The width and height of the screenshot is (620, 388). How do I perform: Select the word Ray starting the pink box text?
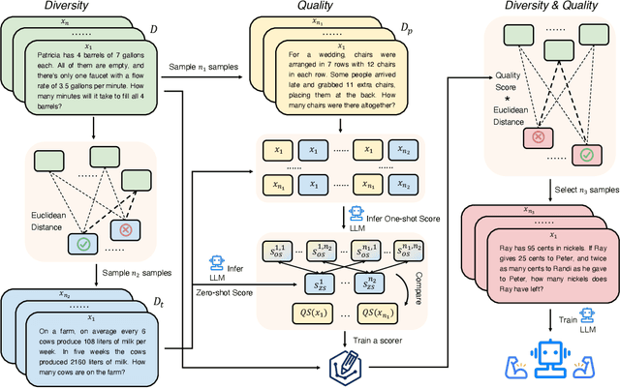(x=496, y=246)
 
